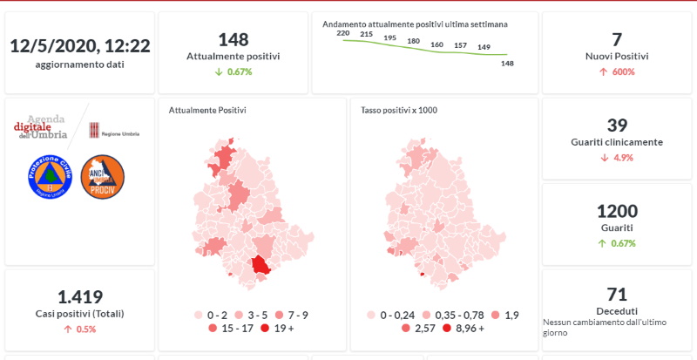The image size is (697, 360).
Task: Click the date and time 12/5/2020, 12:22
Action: point(79,45)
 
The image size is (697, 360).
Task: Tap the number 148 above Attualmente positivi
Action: point(233,39)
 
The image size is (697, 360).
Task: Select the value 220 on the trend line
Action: point(342,33)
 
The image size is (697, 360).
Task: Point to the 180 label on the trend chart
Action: point(413,41)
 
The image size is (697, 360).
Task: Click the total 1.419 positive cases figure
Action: point(80,296)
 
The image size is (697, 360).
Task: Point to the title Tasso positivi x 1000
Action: point(399,111)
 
